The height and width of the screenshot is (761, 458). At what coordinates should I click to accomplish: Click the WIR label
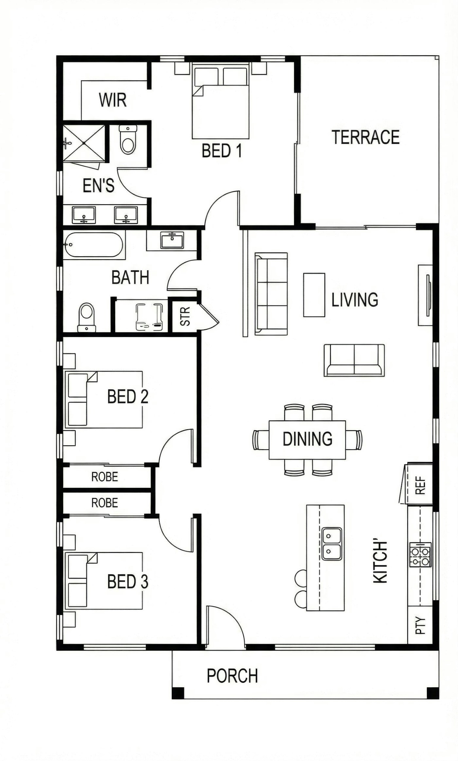113,100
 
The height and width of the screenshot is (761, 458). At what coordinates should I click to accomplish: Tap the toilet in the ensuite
128,139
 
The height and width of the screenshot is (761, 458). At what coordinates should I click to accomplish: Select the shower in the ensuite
84,143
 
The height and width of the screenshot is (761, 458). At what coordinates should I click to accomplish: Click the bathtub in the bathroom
94,245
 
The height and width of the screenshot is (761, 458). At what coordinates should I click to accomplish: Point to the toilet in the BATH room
87,317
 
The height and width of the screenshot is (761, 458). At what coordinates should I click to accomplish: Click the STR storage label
185,316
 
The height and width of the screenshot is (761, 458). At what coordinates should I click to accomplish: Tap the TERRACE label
365,137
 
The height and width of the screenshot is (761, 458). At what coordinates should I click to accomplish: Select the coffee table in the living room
314,295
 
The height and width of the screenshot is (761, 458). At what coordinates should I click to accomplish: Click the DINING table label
308,439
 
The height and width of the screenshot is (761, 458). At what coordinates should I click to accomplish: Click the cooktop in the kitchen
420,555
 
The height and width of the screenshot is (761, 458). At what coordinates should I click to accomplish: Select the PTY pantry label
420,625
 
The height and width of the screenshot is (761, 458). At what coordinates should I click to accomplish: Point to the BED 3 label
128,582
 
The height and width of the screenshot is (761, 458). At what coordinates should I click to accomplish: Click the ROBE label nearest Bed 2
105,477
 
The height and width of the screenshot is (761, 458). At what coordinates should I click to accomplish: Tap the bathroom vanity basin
172,240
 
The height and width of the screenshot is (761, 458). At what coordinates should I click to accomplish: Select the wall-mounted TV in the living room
428,295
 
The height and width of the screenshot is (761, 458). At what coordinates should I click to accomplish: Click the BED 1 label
222,151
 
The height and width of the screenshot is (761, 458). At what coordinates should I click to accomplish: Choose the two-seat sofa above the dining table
354,360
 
